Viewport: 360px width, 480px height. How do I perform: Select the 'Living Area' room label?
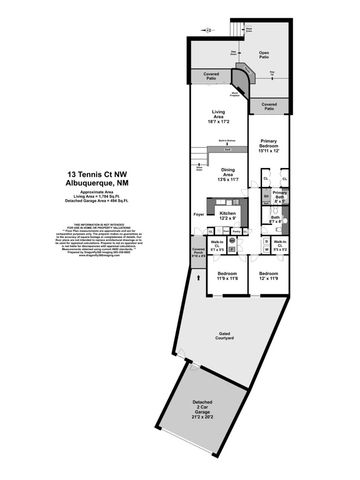[x=211, y=116]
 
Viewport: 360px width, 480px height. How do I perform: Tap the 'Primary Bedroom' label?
[x=269, y=146]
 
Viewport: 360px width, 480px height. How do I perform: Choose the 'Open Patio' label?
[x=264, y=54]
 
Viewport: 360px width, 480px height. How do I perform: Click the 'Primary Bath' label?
[x=279, y=195]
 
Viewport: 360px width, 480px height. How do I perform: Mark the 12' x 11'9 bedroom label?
[x=267, y=275]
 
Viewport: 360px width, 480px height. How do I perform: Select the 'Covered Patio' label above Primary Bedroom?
[x=268, y=105]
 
